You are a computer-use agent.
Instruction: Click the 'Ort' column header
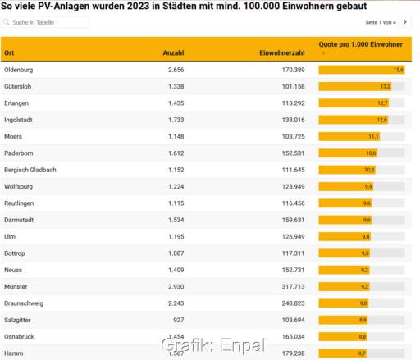coord(10,52)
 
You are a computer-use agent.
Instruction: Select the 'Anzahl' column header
coord(173,52)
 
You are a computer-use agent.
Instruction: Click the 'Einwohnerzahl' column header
coord(282,52)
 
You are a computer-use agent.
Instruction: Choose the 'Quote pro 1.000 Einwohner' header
coord(360,43)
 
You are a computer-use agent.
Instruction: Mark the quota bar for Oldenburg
coord(362,70)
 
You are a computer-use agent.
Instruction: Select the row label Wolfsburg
coord(19,186)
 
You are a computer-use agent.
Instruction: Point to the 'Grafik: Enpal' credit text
coord(209,346)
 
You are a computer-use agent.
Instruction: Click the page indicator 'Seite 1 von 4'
coord(381,22)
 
